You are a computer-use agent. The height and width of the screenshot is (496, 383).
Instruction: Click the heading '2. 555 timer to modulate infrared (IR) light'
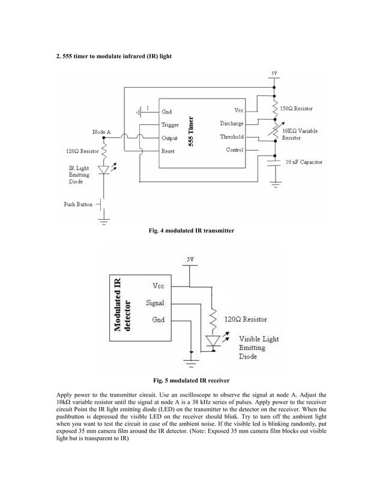[x=114, y=56]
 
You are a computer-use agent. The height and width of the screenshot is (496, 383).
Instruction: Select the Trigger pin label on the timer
[x=170, y=124]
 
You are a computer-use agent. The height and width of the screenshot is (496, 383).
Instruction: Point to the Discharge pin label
[x=232, y=124]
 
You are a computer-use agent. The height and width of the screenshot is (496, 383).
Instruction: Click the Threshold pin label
[x=232, y=137]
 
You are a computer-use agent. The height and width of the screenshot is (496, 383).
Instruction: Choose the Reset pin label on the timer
[x=168, y=151]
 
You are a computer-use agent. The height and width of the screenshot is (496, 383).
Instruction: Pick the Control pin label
[x=234, y=150]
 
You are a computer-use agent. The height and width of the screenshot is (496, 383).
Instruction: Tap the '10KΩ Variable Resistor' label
[x=300, y=134]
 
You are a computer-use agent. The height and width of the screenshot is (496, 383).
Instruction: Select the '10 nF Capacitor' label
[x=304, y=162]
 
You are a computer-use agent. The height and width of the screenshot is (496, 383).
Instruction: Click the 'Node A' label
[x=101, y=132]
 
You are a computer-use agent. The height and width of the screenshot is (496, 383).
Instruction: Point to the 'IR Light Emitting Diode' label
[x=79, y=175]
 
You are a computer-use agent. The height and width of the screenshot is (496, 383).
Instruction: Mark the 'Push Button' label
[x=78, y=204]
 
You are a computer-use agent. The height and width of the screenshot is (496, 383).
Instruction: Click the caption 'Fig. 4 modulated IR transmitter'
[x=191, y=230]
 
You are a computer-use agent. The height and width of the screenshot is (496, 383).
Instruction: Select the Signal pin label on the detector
[x=155, y=303]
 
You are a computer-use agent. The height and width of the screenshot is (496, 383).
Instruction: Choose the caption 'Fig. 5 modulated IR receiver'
[x=191, y=380]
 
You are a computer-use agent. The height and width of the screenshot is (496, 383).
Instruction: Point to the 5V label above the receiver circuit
[x=189, y=259]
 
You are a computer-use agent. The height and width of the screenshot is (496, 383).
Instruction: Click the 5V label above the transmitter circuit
[x=274, y=73]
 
